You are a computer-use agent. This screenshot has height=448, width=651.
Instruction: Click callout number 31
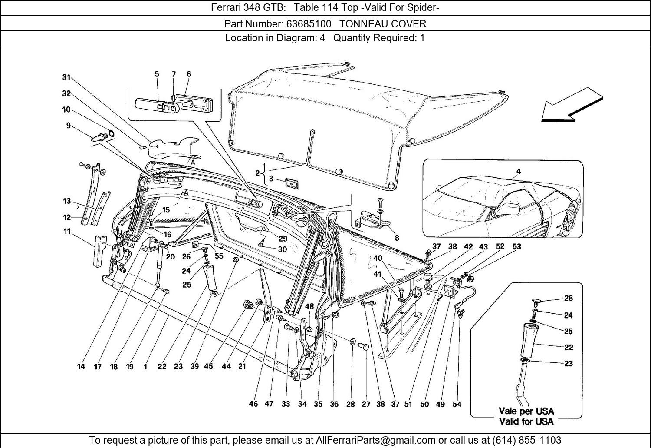pos(66,77)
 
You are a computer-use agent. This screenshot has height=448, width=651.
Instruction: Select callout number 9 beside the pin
pos(68,126)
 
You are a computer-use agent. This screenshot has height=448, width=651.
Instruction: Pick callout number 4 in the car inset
pos(518,172)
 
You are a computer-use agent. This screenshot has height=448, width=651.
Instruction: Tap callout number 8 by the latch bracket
pos(397,238)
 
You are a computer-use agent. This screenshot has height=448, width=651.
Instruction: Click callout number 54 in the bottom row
pos(457,404)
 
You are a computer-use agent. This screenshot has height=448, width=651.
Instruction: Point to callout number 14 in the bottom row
pos(81,366)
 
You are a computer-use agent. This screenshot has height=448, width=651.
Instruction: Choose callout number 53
pos(516,247)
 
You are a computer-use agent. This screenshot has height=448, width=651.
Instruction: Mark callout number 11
pos(67,232)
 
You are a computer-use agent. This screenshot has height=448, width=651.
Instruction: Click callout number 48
pos(309,306)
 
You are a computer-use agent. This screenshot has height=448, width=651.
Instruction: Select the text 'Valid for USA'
pos(526,421)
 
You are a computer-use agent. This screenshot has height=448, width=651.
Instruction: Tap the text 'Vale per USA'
pos(526,411)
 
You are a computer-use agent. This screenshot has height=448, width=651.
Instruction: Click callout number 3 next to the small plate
pos(271,179)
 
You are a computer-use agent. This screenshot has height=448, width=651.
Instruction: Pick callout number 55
pos(219,256)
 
